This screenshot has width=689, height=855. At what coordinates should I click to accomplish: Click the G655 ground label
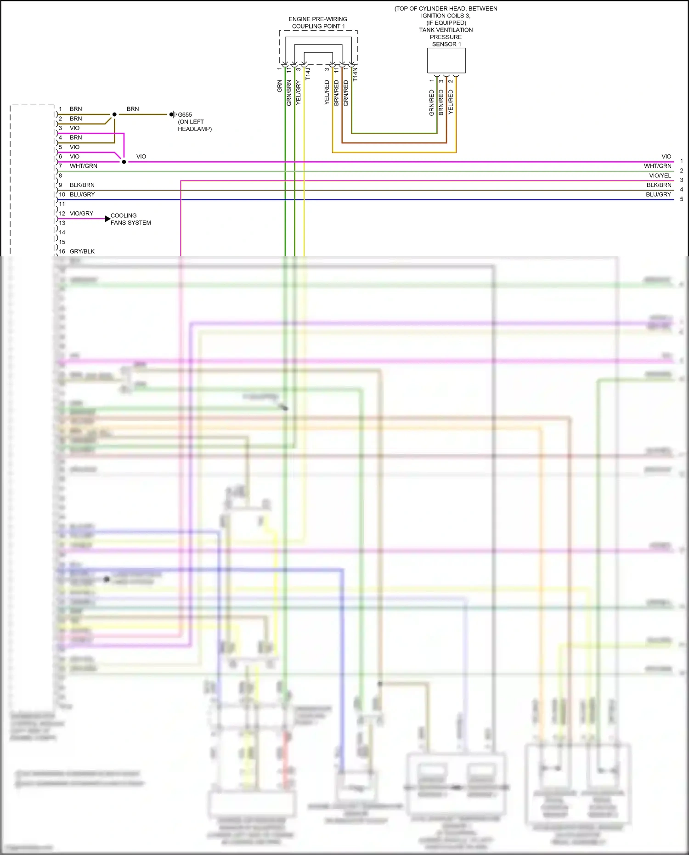click(185, 114)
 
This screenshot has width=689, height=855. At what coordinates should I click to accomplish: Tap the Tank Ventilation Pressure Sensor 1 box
click(446, 61)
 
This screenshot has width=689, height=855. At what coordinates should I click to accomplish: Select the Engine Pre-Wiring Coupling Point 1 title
click(318, 23)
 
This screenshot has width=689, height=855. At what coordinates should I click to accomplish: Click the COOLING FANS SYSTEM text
click(130, 219)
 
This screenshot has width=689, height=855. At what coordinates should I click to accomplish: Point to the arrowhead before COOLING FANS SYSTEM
click(108, 219)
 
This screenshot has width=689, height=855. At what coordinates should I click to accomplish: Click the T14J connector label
click(308, 74)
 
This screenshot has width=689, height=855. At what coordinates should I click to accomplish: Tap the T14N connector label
click(355, 74)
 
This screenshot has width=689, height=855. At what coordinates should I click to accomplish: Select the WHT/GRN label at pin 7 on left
click(83, 166)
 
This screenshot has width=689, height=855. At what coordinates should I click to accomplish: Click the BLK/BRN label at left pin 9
click(82, 185)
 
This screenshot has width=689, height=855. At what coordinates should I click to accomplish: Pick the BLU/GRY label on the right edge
click(658, 194)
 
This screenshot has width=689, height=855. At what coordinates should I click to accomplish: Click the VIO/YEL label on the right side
click(660, 176)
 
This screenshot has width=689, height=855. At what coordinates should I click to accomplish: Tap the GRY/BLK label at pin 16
click(82, 251)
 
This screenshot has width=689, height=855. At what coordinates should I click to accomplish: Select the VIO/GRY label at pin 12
click(81, 214)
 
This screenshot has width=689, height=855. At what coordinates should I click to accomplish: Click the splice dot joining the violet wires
click(124, 162)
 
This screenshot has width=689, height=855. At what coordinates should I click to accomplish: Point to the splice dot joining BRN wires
click(114, 114)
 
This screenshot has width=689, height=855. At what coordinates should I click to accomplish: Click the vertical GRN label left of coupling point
click(279, 86)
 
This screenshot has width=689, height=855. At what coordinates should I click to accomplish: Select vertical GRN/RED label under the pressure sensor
click(431, 102)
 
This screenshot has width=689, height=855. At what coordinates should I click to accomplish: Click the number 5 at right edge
click(681, 199)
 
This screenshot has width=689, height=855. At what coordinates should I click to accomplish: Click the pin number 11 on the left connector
click(62, 204)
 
